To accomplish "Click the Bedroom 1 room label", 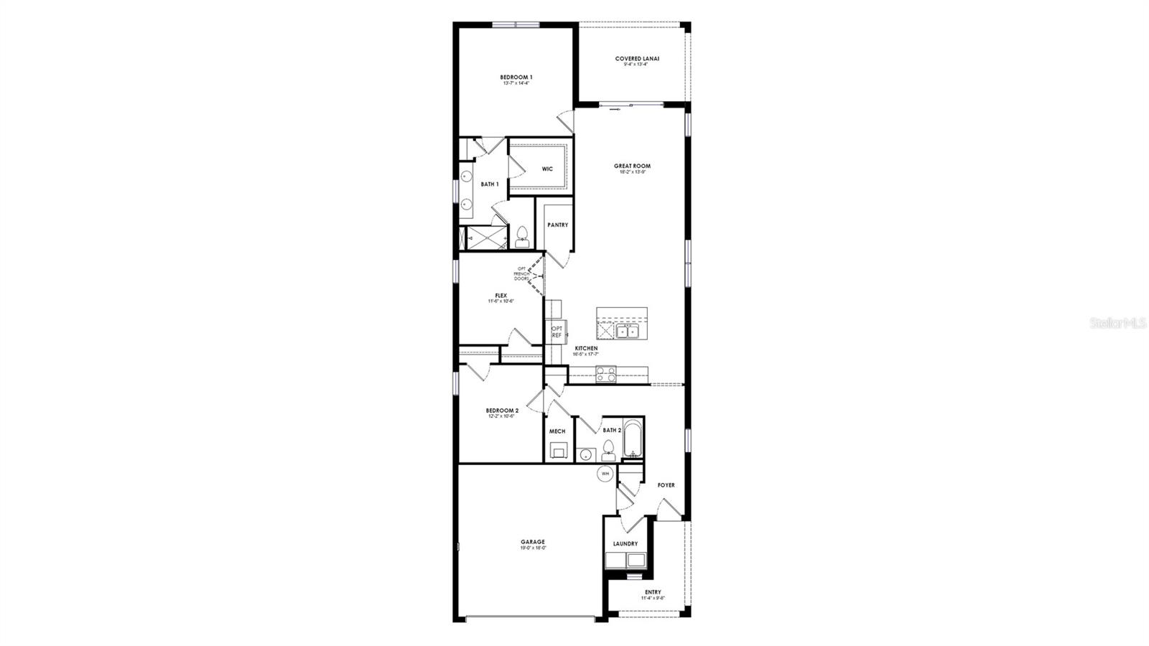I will coord(516,78).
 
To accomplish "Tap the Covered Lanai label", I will coord(637,59).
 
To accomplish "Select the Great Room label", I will coord(632,167).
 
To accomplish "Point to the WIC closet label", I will coord(547,169).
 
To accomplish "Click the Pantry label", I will coord(557,225).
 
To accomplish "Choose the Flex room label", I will coord(501,296).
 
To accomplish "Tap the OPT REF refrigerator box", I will coord(557,332).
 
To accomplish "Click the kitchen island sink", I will coord(628,331).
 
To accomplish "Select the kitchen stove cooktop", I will coord(605,373).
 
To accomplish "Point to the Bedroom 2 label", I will coord(502,411).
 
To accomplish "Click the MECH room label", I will coord(557,431).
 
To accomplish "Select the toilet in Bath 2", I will coord(608,449).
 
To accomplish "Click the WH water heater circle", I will coord(605,474).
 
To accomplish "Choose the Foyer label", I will coord(666,485).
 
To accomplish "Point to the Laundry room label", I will coord(625,544).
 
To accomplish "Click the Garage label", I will coord(533,543).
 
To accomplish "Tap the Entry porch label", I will coord(653,593).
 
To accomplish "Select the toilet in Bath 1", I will coord(522,236).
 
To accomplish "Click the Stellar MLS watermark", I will coord(1118,324).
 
